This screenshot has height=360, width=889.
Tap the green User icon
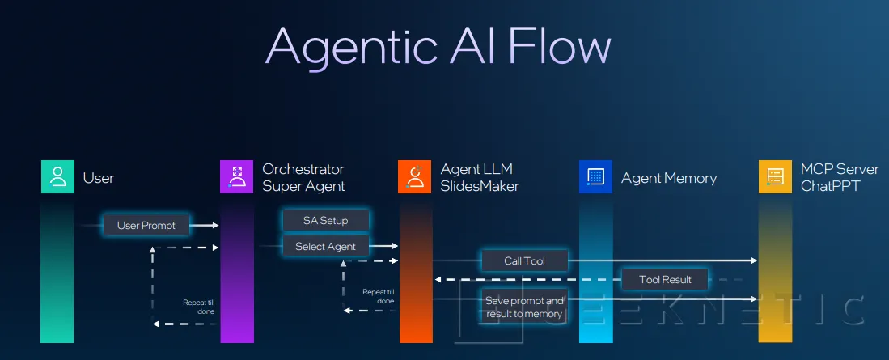pyautogui.click(x=57, y=177)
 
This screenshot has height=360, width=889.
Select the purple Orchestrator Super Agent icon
pyautogui.click(x=236, y=177)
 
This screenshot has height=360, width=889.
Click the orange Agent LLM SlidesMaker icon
pyautogui.click(x=415, y=177)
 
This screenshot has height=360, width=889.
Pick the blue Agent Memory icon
pyautogui.click(x=595, y=177)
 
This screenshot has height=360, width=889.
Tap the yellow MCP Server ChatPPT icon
pyautogui.click(x=774, y=177)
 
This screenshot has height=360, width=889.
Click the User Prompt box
pyautogui.click(x=146, y=225)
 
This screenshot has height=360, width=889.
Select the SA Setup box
pyautogui.click(x=325, y=220)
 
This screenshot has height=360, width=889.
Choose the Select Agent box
pyautogui.click(x=325, y=246)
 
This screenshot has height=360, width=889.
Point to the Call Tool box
pyautogui.click(x=524, y=260)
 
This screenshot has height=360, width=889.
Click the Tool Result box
pyautogui.click(x=665, y=280)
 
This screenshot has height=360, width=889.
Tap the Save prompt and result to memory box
pyautogui.click(x=524, y=307)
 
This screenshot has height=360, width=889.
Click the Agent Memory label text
pyautogui.click(x=668, y=178)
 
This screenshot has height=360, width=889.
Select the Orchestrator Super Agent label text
pyautogui.click(x=303, y=177)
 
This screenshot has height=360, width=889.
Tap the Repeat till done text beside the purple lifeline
pyautogui.click(x=198, y=306)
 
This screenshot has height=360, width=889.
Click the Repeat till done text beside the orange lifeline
pyautogui.click(x=378, y=296)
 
